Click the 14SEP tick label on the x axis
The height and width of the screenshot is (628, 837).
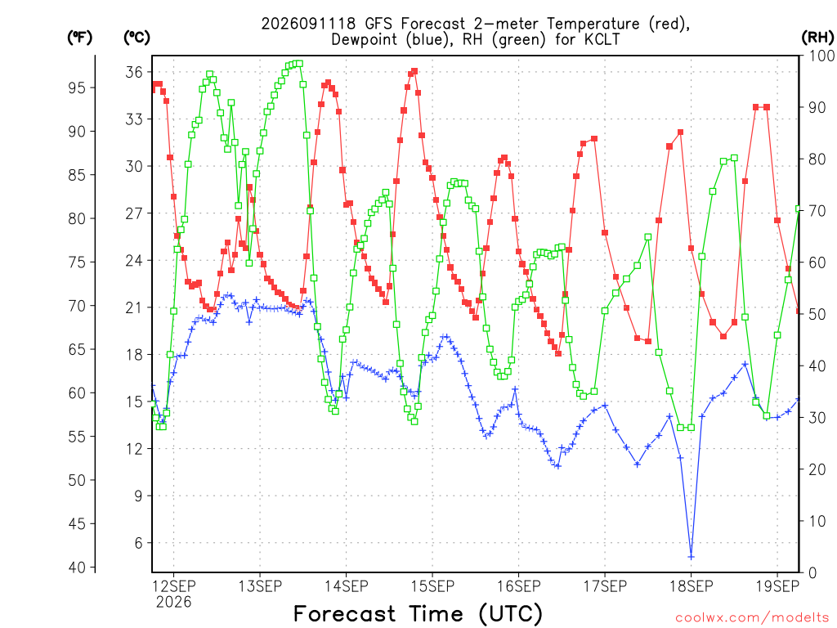pos(346,586)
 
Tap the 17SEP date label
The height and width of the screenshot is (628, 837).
pos(605,586)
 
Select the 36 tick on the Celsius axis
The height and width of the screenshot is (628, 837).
pos(134,72)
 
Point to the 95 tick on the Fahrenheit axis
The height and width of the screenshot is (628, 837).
pos(77,87)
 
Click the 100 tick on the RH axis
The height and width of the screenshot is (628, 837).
pos(821,56)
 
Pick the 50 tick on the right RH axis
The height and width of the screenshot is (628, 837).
pos(817,314)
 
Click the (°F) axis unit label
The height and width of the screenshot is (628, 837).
pos(79,38)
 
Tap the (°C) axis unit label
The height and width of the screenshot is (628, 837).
pos(137,38)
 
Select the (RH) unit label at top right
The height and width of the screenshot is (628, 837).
pos(817,38)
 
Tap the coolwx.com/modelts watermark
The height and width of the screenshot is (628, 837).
pos(752,618)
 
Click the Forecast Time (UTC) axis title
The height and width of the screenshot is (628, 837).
pos(418,614)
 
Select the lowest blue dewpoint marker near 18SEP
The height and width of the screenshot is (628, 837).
pos(692,557)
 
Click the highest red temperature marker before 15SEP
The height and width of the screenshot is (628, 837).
pos(414,71)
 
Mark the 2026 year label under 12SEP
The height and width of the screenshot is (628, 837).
pos(173,603)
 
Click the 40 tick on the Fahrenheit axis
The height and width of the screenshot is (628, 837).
pos(77,567)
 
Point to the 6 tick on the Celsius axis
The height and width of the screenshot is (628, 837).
pos(139,543)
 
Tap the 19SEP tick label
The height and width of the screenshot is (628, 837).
pos(777,586)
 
